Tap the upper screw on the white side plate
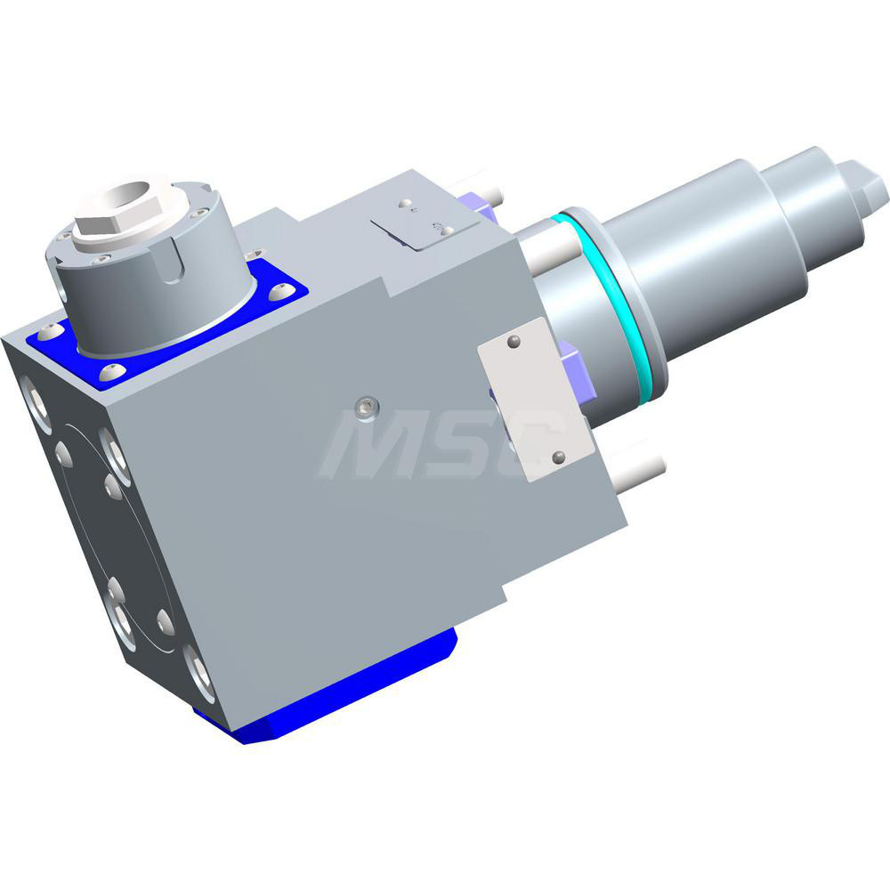coord(514,341)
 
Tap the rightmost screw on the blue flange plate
coord(284,291)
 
